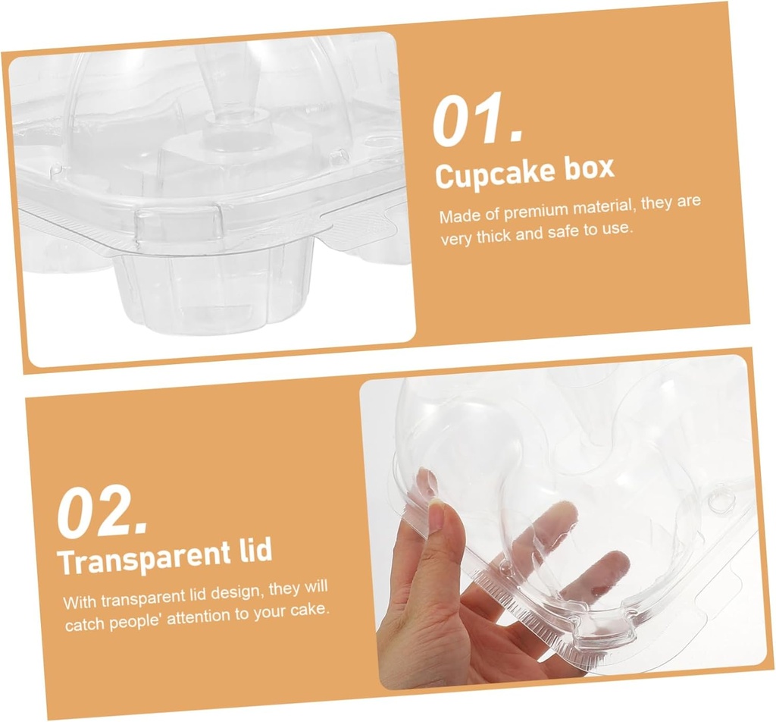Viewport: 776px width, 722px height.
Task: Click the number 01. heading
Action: [477, 121]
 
